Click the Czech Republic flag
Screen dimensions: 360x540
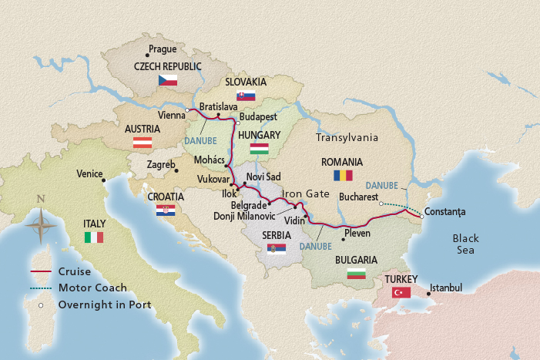pos(168,80)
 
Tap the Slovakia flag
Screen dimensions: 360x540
pos(246,96)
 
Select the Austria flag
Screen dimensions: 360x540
pos(143,142)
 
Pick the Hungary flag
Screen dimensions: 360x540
pos(260,149)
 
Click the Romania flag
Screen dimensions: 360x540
pos(342,177)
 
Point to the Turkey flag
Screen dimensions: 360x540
pos(401,292)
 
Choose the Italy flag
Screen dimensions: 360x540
pos(93,237)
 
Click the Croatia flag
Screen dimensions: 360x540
pos(166,210)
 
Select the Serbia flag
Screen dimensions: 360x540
pos(276,248)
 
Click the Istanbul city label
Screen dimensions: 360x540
pos(445,288)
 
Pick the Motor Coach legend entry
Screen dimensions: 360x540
pos(91,288)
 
